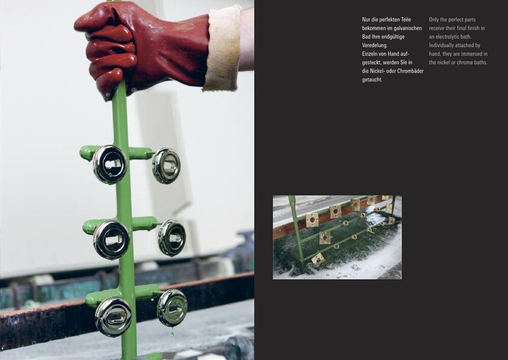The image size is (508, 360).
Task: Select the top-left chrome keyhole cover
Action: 110,165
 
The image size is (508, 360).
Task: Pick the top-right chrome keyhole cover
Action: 166,166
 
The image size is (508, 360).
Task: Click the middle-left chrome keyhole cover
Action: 111,240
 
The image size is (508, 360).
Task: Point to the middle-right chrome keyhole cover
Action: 172,238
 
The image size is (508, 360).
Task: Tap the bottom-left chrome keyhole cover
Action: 113,317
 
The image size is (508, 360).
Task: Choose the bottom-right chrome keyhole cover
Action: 172,308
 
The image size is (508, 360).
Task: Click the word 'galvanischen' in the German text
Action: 407,28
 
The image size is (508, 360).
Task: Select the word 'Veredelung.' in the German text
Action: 375,45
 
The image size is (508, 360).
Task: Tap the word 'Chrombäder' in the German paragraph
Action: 410,71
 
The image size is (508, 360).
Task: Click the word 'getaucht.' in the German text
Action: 372,80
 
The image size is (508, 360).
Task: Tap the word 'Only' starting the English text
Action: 434,19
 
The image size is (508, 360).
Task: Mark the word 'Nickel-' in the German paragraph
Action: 377,71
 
